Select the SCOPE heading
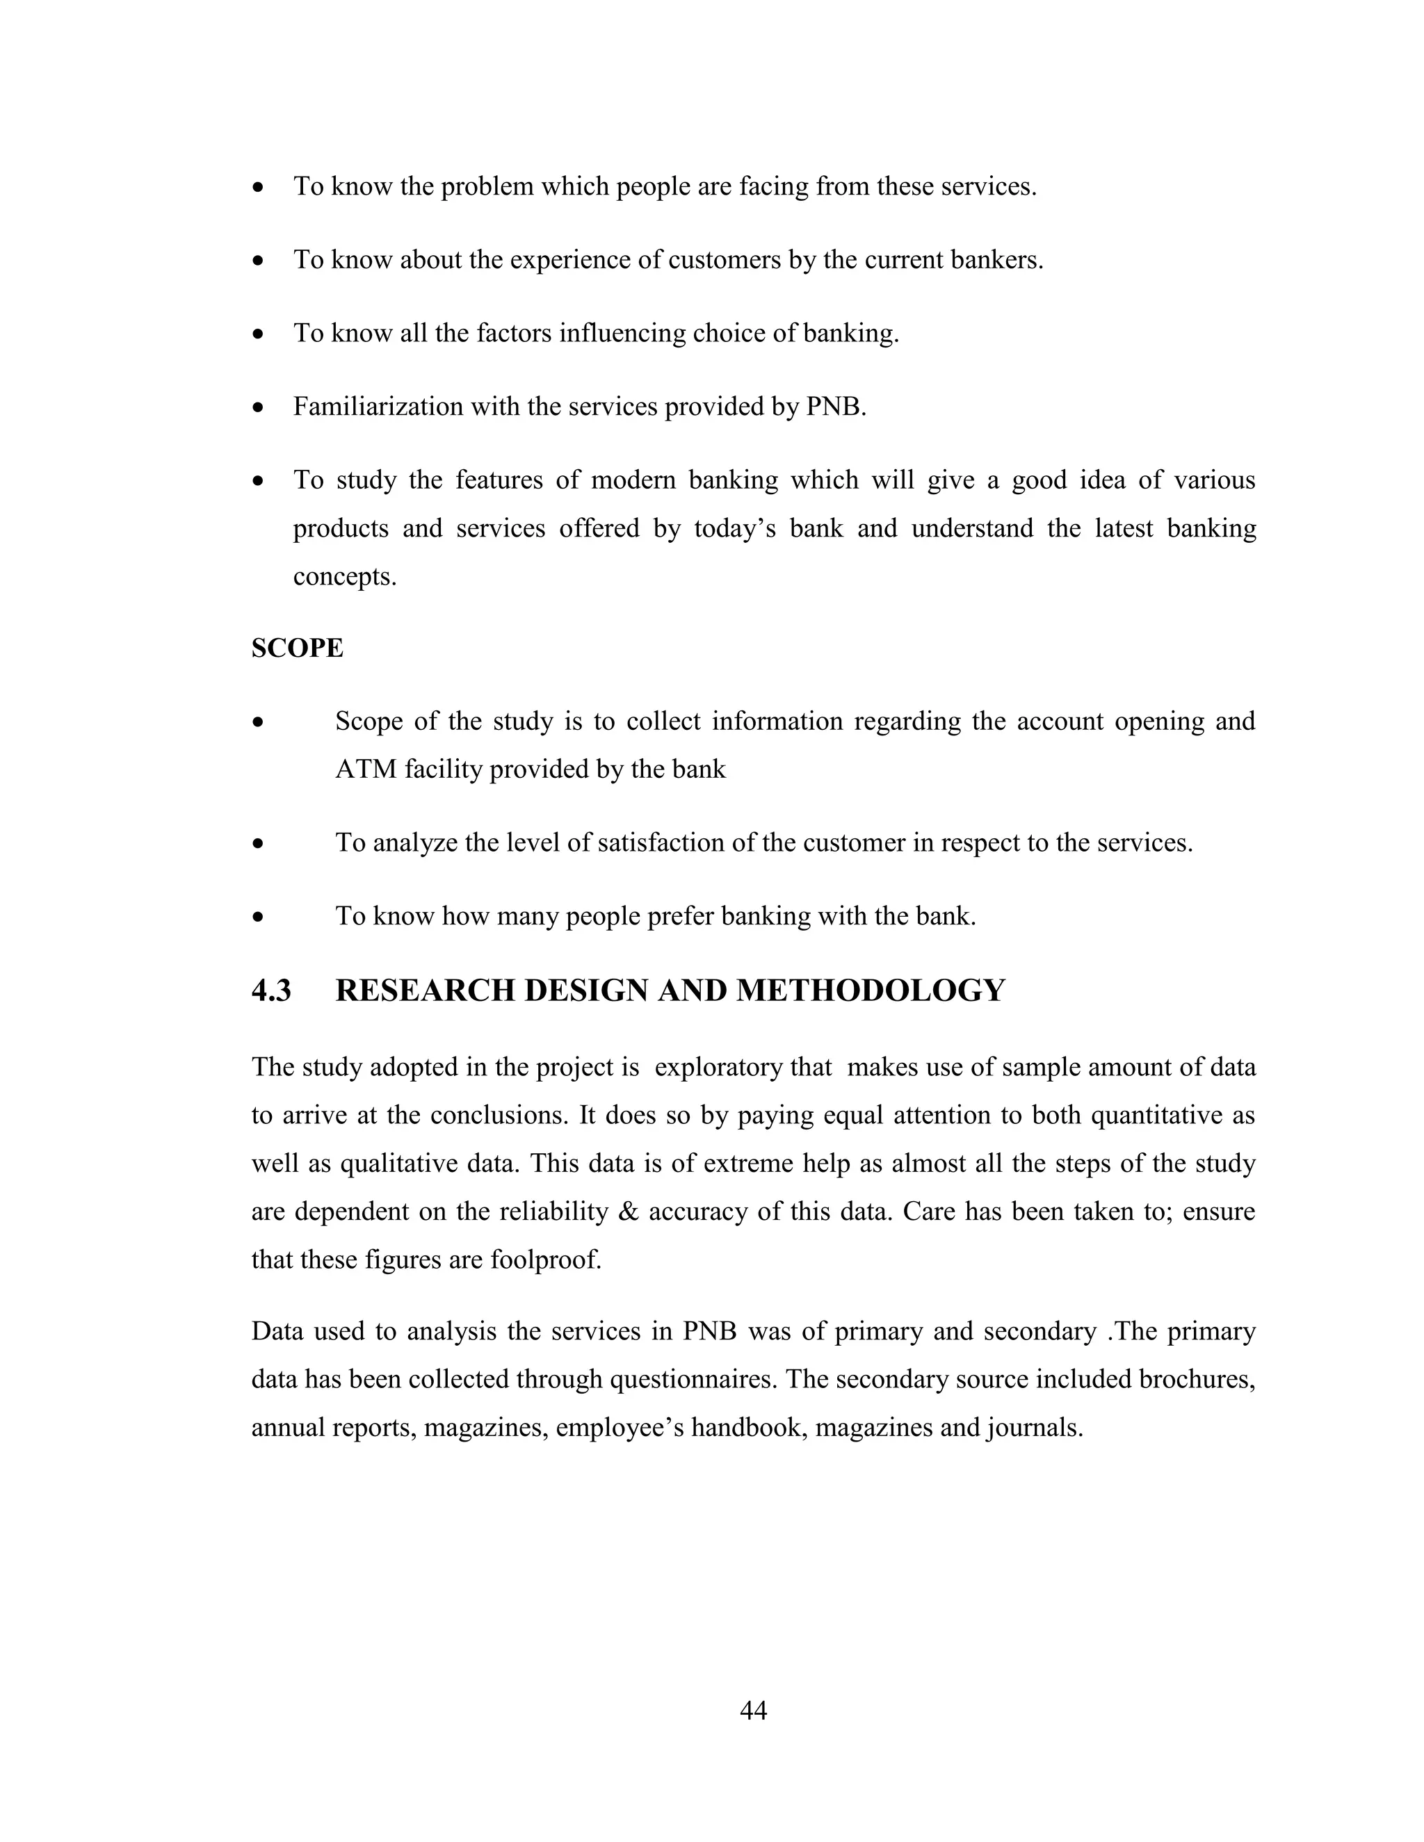point(297,648)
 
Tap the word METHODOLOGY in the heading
point(870,990)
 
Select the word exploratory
point(721,1067)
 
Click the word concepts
point(343,577)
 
